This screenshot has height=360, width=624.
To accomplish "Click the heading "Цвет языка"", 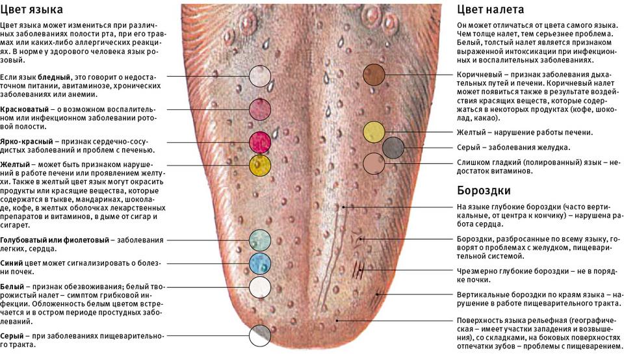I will (x=32, y=10).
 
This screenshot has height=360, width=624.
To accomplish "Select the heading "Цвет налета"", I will (x=490, y=10).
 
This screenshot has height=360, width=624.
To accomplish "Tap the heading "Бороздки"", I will (x=483, y=190).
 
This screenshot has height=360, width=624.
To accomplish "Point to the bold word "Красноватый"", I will (x=23, y=109).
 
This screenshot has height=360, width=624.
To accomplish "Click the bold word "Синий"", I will (x=12, y=263).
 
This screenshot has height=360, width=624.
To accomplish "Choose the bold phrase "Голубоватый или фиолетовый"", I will (x=53, y=240).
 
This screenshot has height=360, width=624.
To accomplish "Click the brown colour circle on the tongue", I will (x=374, y=75).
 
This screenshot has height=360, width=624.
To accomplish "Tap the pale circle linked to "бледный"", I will (x=260, y=76).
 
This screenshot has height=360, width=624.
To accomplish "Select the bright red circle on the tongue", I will (x=260, y=142).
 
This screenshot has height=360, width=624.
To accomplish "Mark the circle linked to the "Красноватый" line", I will (x=260, y=109).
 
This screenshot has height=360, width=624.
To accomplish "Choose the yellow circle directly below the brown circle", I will (x=374, y=132).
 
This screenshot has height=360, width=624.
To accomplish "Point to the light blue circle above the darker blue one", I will (x=260, y=240).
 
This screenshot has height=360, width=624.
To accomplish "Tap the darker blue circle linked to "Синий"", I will (x=260, y=263).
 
